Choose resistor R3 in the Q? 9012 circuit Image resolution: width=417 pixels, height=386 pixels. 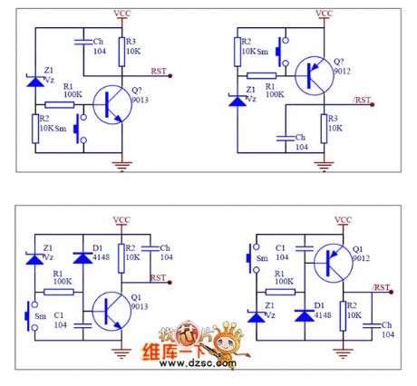(325, 124)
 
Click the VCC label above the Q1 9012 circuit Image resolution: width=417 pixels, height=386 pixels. (343, 219)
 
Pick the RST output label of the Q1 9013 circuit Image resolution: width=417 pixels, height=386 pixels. (158, 276)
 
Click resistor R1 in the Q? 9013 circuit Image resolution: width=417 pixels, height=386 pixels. (60, 104)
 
